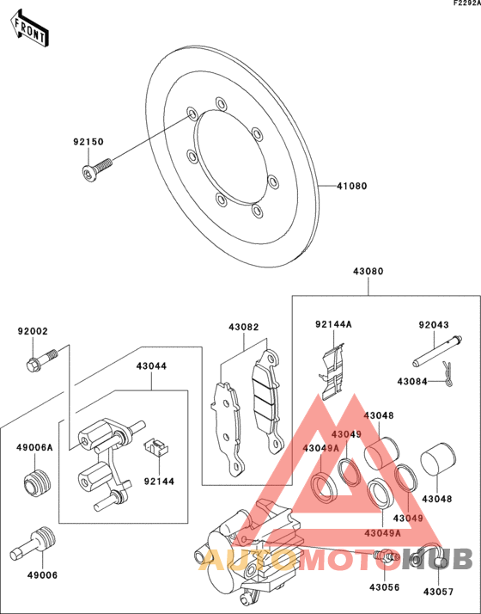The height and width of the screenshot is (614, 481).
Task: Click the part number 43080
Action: pos(368,271)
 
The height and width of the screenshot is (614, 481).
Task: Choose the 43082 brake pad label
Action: pos(243,327)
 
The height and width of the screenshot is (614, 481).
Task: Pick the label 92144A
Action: pos(333,324)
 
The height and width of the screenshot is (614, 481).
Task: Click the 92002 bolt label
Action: pos(33,330)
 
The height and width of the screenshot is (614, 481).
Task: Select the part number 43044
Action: pos(150,365)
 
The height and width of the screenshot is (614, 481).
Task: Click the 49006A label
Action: pos(34,447)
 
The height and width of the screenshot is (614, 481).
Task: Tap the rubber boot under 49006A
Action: pos(36,485)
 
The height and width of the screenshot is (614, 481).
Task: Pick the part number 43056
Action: pos(385,587)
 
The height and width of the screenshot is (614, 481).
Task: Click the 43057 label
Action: pos(437,592)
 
